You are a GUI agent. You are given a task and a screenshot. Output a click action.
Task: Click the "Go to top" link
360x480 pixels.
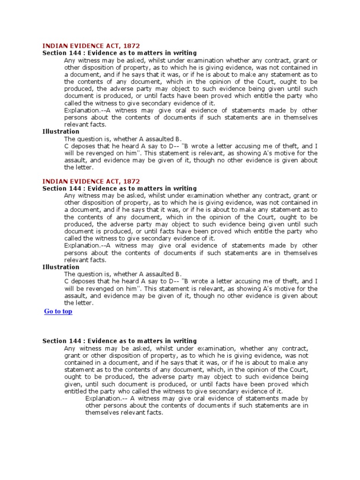58,311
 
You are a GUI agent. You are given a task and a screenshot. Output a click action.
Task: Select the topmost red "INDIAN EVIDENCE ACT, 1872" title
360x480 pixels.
91,46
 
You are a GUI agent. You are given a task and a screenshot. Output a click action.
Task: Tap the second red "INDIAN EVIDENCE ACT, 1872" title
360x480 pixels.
91,181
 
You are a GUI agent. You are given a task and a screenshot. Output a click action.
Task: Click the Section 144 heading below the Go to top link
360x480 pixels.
120,341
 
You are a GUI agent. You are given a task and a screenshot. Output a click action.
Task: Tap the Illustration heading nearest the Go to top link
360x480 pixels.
61,267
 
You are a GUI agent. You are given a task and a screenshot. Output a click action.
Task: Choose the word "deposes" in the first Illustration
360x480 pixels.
83,146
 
